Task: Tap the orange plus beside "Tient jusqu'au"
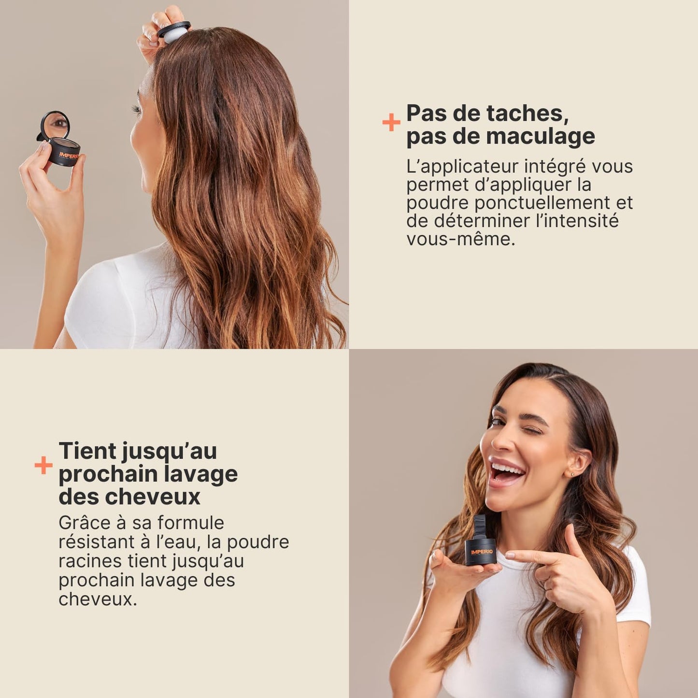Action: coord(43,465)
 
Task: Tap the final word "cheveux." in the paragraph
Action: coord(98,599)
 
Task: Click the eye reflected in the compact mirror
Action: coord(60,123)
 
